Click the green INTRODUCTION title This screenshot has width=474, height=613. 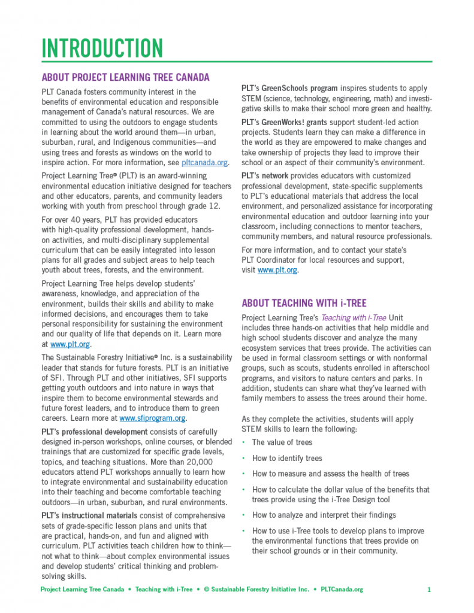(x=102, y=48)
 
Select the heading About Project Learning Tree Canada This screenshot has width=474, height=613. (x=125, y=77)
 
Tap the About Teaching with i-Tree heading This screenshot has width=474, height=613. (x=303, y=303)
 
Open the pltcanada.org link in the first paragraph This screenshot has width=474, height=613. (x=204, y=162)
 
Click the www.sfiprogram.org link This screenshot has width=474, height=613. (x=152, y=418)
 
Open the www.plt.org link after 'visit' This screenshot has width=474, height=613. (x=277, y=270)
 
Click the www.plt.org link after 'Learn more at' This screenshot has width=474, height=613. (x=70, y=344)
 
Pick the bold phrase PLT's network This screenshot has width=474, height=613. (x=265, y=176)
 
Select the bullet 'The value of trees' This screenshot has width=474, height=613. (x=282, y=442)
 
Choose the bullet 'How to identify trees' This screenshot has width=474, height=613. (x=287, y=458)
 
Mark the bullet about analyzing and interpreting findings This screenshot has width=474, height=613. (x=324, y=515)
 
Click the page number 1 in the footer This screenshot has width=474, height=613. (x=429, y=590)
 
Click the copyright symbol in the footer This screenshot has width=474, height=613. (x=206, y=590)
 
